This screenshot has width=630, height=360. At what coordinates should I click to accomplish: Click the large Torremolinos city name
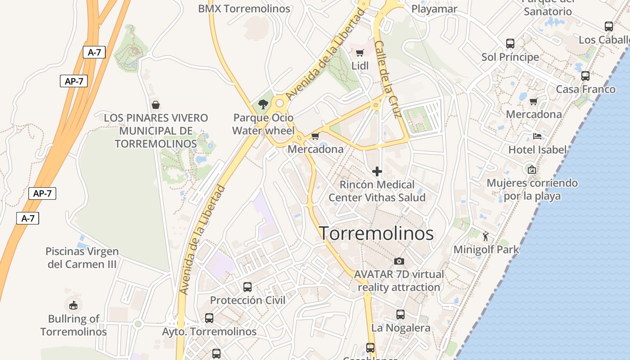[376, 233]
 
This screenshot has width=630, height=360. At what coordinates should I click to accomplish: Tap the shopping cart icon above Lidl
[360, 53]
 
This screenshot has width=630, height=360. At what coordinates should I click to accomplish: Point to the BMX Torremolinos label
[244, 9]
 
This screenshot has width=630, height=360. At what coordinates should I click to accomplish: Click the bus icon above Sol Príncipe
[510, 44]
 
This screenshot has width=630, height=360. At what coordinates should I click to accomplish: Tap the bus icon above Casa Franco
[585, 76]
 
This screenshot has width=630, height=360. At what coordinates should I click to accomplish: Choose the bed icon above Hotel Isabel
[537, 136]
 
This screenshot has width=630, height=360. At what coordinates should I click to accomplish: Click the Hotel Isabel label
[537, 149]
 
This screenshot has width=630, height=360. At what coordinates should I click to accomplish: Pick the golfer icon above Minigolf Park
[486, 236]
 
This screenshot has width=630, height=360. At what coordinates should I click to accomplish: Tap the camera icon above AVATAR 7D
[399, 261]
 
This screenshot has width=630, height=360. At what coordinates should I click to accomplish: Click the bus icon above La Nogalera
[400, 315]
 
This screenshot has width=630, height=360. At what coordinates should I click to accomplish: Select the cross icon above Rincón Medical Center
[377, 171]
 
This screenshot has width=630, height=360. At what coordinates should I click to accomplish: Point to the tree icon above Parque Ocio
[263, 104]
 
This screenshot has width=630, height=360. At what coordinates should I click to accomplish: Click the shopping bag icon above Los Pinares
[155, 105]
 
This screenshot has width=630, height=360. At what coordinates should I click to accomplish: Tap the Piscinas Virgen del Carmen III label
[82, 257]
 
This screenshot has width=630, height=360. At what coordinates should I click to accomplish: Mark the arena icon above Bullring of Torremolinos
[73, 306]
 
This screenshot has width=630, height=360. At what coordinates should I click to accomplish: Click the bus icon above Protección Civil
[247, 287]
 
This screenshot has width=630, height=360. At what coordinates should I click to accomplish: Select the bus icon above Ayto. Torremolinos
[209, 318]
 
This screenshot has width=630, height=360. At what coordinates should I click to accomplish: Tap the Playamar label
[434, 9]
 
